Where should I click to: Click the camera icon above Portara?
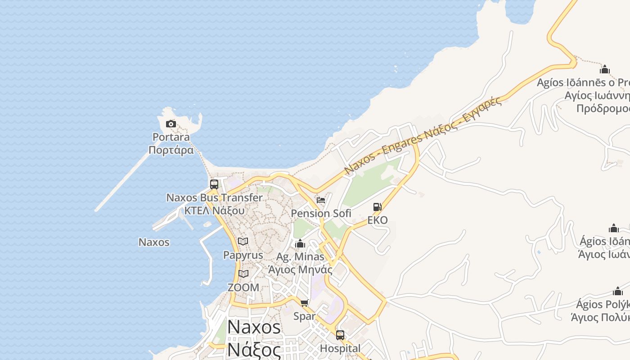171,124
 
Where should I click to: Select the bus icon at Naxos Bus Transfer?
214,184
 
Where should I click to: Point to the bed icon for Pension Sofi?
321,200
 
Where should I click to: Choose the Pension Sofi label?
321,213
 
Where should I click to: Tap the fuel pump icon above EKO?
378,207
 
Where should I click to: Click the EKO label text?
378,220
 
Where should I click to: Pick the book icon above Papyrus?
243,242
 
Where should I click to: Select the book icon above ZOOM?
243,274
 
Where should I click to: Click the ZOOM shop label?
243,288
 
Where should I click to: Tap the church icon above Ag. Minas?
300,244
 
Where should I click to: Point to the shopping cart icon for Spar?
305,303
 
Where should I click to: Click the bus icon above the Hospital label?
340,335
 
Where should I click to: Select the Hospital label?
340,348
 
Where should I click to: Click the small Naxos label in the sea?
154,242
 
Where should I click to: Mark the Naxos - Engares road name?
423,135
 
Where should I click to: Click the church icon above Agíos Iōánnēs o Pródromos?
605,69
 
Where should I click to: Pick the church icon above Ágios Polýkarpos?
618,291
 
